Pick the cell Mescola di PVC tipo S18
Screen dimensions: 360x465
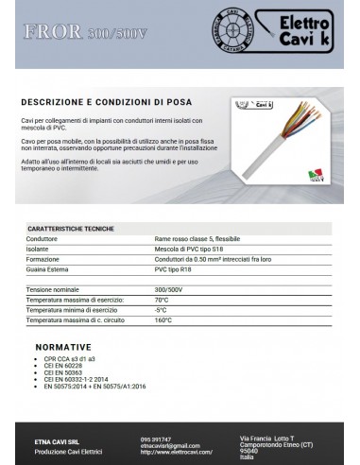pos(188,250)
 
